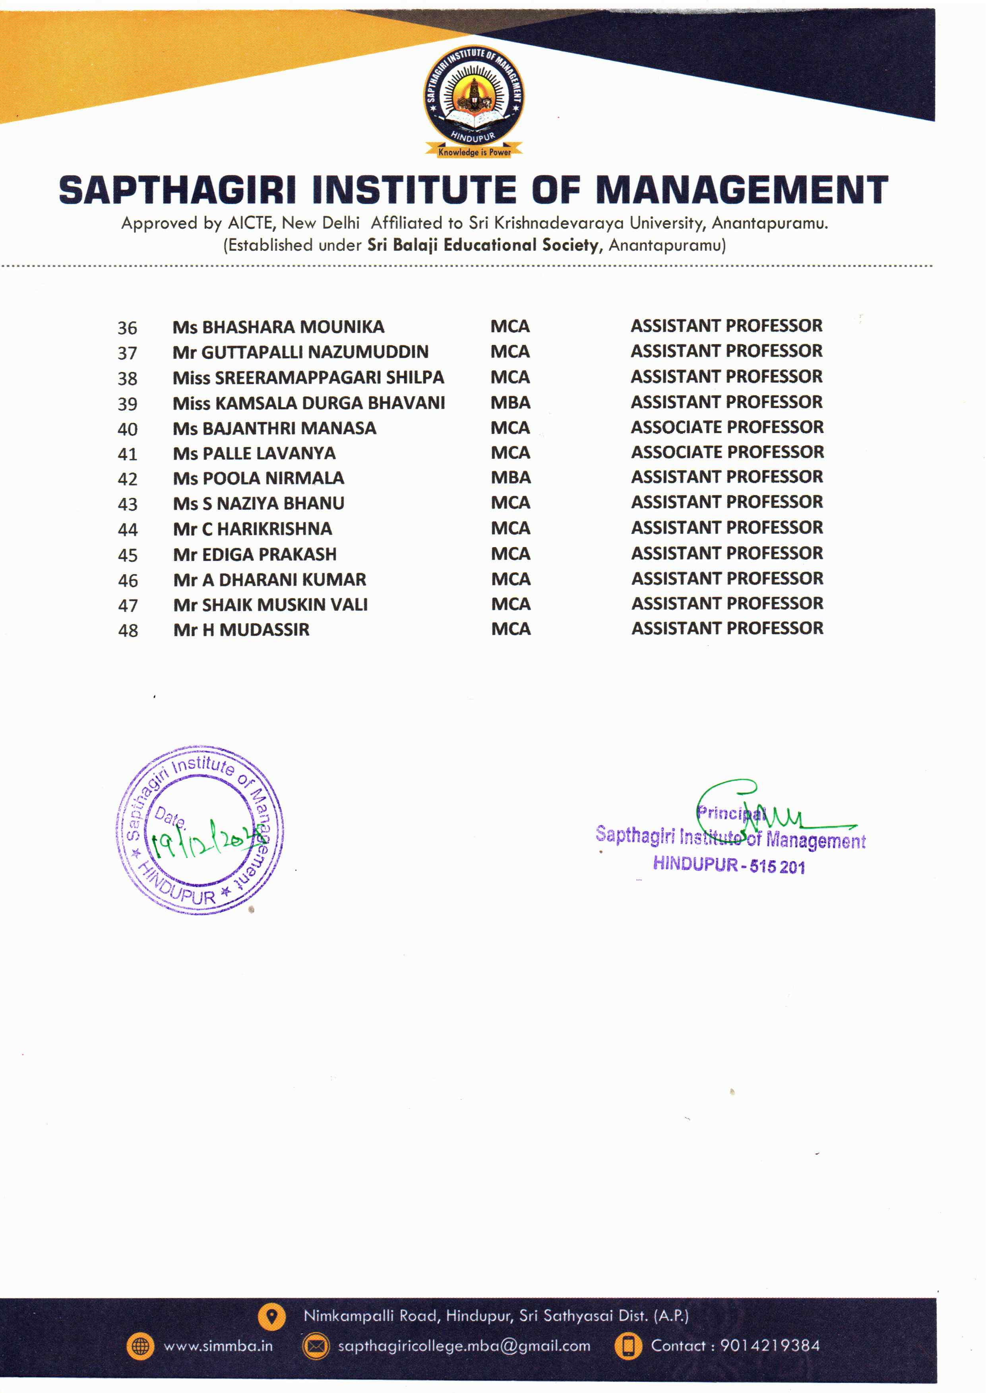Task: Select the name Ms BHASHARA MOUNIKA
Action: (x=278, y=327)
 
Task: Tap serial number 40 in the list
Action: (x=128, y=429)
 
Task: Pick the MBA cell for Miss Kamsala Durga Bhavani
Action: (x=511, y=402)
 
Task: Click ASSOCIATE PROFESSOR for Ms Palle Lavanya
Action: (x=727, y=452)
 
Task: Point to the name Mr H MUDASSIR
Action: (x=241, y=630)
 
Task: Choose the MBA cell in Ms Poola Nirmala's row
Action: (x=511, y=478)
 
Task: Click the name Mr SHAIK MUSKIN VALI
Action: (x=270, y=605)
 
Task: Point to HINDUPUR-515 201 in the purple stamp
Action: (x=728, y=864)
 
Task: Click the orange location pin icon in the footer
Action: (x=271, y=1316)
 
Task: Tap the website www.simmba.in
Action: (x=218, y=1346)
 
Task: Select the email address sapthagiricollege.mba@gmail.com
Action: (x=464, y=1346)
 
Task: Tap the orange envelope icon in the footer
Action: (x=316, y=1346)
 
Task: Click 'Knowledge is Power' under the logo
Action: (x=474, y=152)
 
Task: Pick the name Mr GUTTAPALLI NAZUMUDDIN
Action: (x=300, y=352)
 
